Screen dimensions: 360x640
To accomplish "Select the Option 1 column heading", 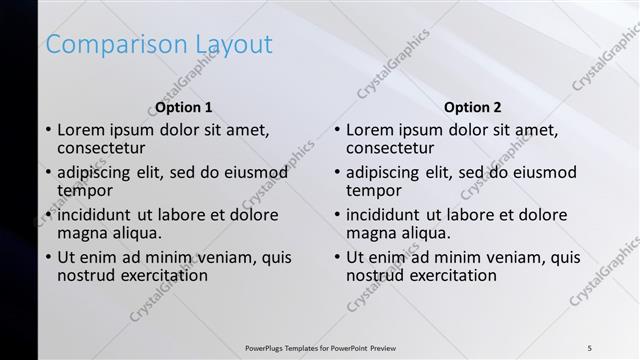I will click(x=184, y=107).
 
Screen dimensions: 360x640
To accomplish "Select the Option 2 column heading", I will click(x=473, y=107).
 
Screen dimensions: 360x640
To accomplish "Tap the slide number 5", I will click(x=589, y=347).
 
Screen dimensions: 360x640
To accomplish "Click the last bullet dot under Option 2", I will click(x=338, y=258).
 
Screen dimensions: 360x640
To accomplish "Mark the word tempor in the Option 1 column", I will click(x=85, y=190).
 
